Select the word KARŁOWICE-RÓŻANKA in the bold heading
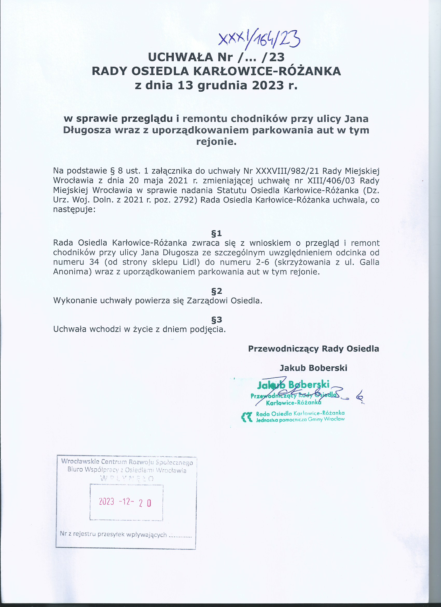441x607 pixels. coord(267,71)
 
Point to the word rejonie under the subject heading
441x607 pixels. coord(216,141)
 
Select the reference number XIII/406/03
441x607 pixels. coord(331,180)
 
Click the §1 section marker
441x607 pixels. coord(216,234)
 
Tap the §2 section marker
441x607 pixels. coord(216,291)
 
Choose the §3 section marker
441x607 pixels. coord(216,320)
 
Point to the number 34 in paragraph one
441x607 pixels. coord(94,262)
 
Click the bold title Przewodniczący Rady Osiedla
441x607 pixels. coord(313,349)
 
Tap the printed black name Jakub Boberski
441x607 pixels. coord(313,368)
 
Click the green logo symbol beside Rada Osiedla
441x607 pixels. coord(247,417)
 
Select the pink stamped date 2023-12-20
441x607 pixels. coord(125,502)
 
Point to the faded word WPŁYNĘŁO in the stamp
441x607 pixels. coord(127,478)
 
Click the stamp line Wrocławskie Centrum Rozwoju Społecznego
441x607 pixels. coord(127,462)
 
